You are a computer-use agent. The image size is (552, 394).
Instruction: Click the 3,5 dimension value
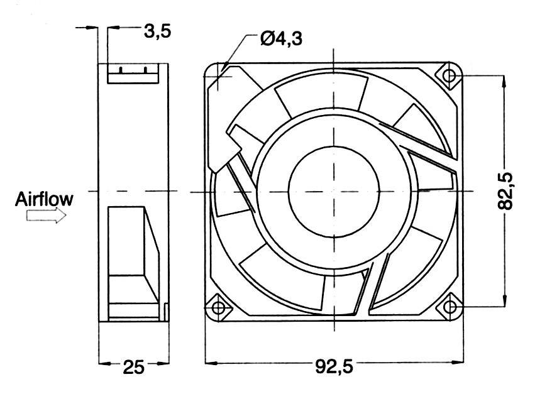coord(157,31)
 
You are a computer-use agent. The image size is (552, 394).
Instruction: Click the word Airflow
coord(43,199)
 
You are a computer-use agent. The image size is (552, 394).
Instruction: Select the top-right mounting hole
coord(450,75)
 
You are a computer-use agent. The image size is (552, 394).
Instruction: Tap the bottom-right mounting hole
coord(450,306)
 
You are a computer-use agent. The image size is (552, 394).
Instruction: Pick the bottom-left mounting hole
coord(218,307)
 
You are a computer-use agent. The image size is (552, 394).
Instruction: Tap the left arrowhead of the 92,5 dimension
coord(211,363)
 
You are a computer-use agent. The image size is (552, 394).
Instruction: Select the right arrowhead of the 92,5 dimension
coord(456,363)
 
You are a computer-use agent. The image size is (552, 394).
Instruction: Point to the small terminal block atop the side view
coord(133,75)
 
